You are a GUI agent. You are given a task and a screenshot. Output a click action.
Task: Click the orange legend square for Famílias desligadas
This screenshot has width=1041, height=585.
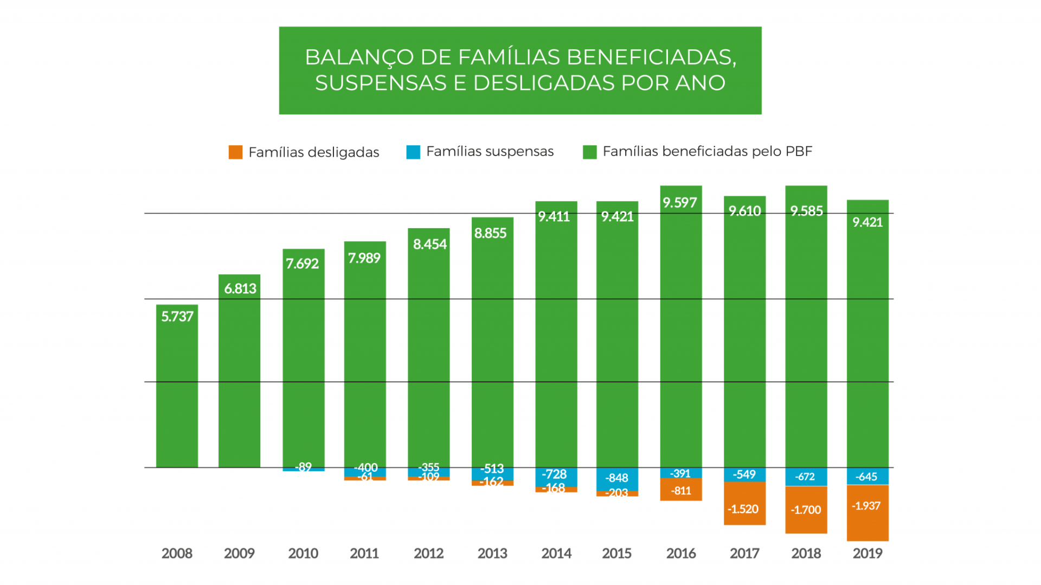(235, 152)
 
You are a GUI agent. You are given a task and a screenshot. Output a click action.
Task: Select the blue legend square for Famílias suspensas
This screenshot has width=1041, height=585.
(413, 152)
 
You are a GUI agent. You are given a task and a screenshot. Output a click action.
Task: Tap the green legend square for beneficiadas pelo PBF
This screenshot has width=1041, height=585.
(589, 152)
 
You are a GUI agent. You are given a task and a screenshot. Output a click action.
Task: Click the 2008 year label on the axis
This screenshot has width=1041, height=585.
(177, 554)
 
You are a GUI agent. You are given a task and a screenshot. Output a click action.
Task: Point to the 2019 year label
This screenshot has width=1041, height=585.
(868, 554)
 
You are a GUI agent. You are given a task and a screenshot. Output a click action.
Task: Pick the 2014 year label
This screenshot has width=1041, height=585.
(556, 554)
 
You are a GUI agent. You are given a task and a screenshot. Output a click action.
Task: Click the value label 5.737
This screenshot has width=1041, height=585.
(177, 317)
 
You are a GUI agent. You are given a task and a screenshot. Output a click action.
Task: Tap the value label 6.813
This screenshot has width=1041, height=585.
(240, 288)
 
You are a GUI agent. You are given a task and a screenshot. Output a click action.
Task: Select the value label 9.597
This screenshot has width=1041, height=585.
(679, 203)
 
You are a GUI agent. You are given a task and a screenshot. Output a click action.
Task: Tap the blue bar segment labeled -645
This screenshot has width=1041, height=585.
(868, 477)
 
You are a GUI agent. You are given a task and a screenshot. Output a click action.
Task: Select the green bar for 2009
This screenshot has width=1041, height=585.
(239, 380)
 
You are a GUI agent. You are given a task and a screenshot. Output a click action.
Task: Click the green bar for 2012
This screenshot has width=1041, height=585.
(429, 352)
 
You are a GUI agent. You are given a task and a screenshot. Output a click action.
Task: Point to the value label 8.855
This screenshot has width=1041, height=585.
(490, 233)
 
